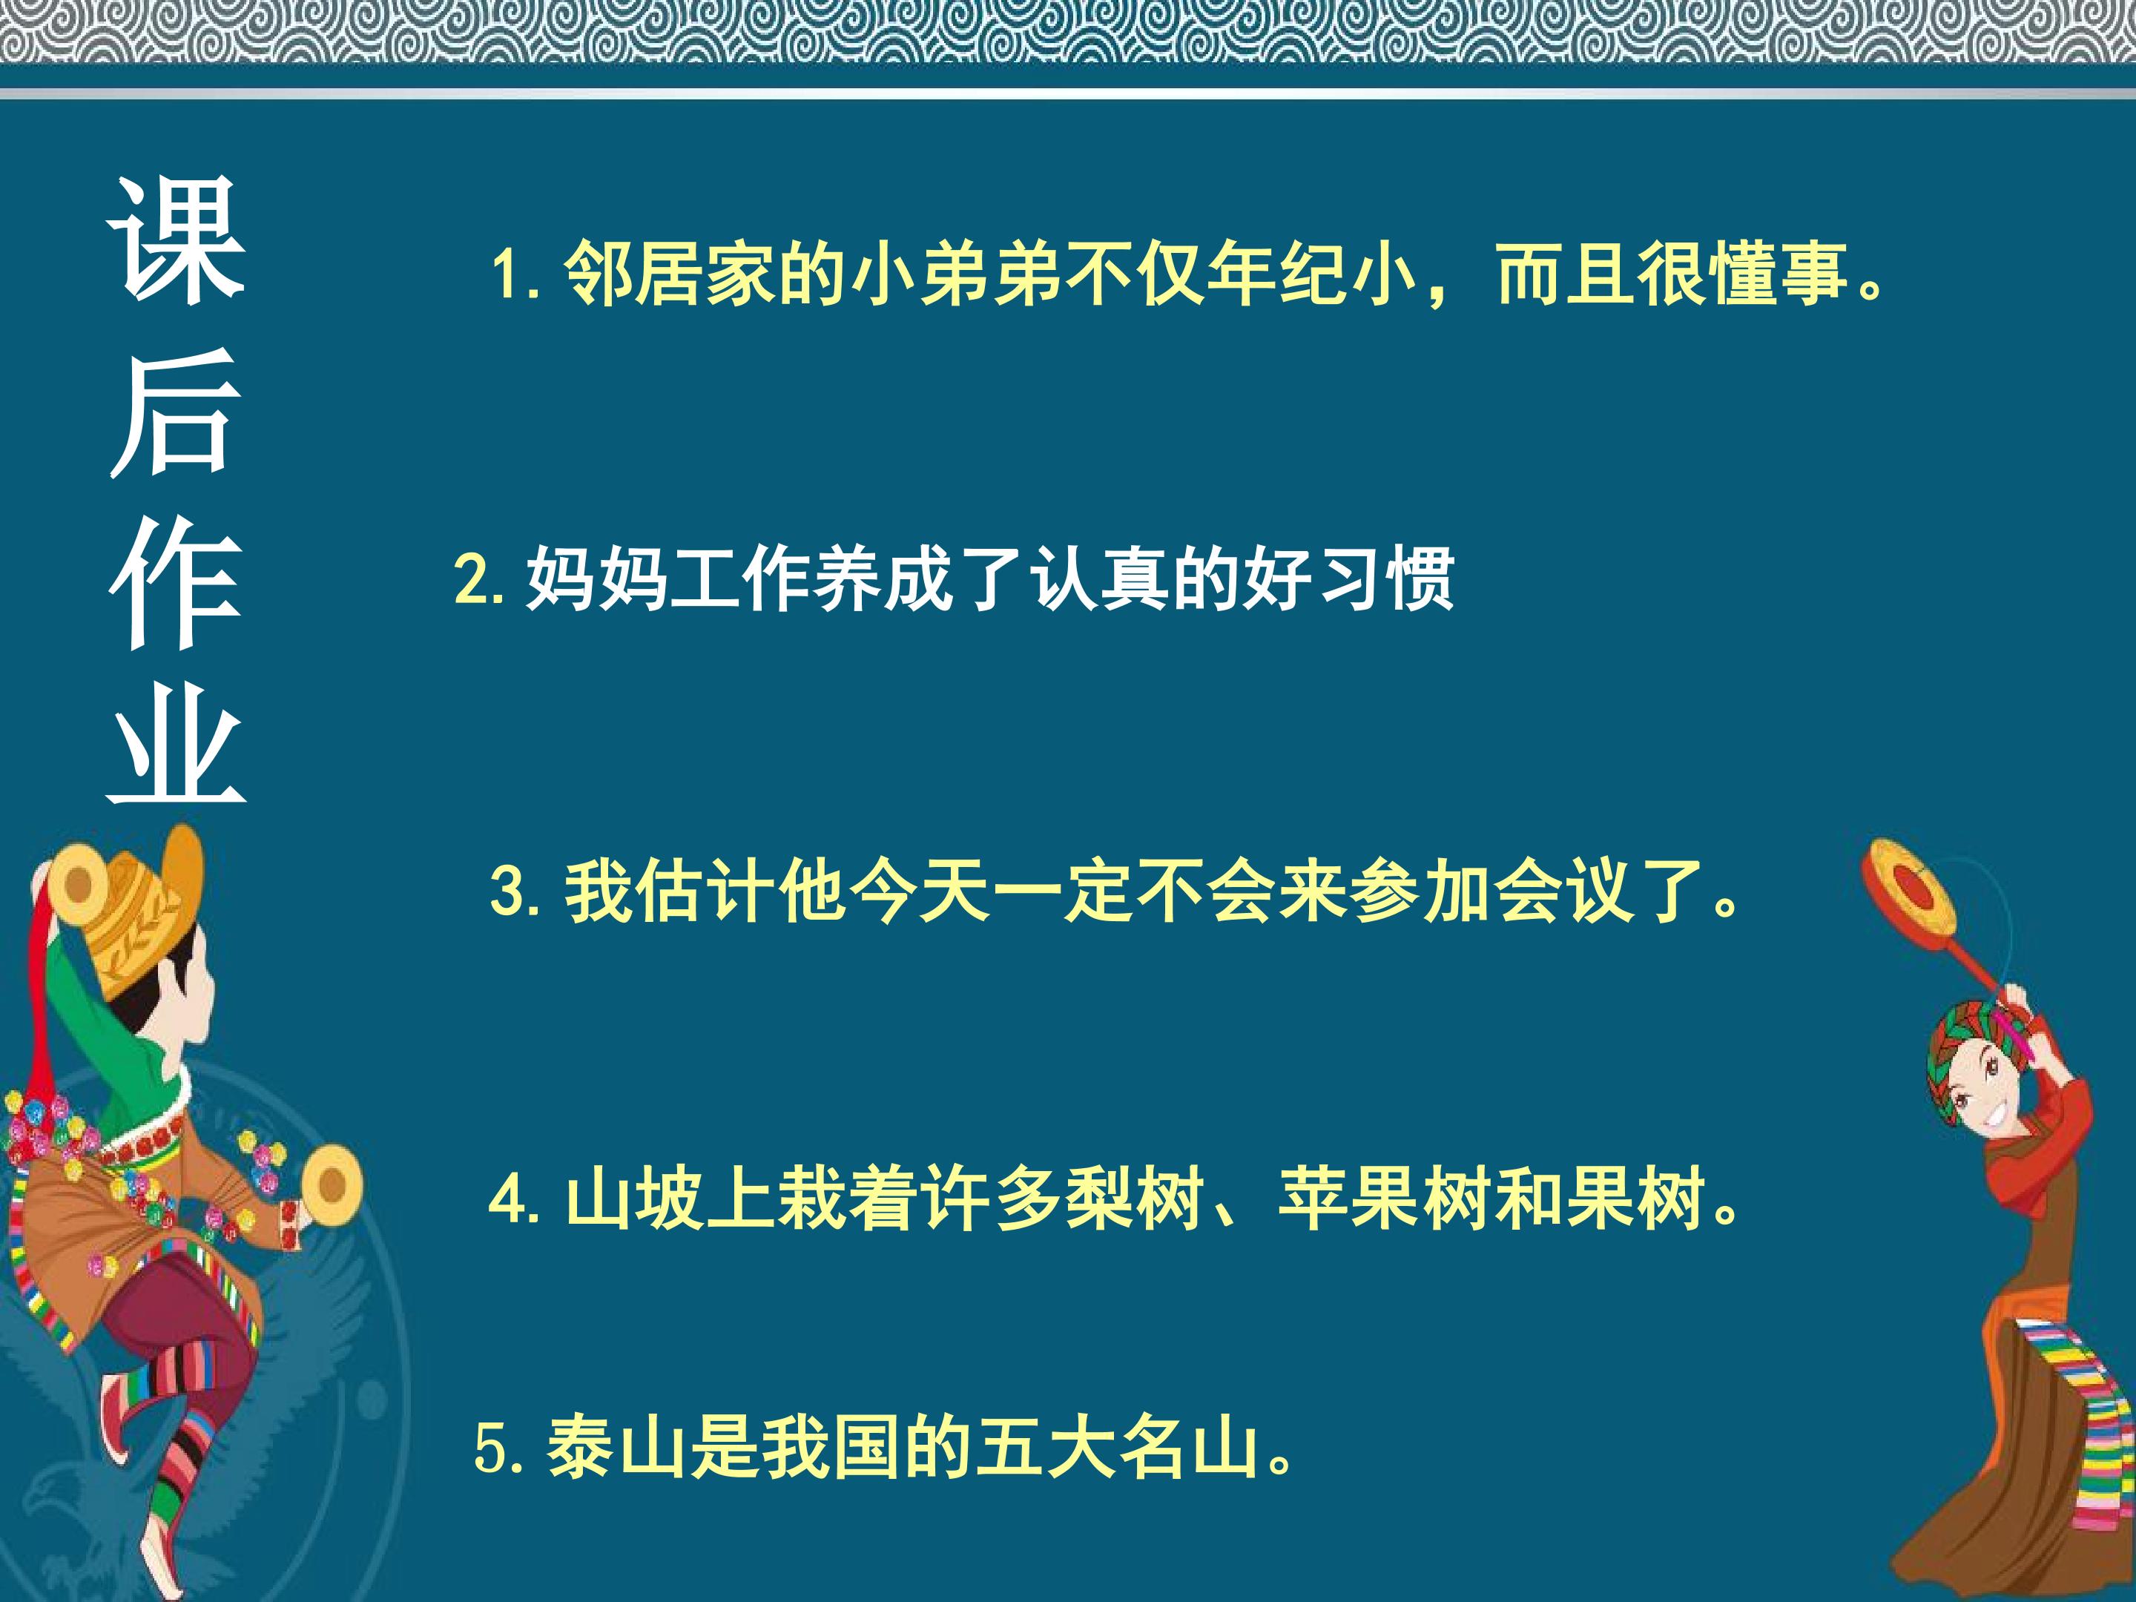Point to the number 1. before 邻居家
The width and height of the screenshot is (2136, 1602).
514,275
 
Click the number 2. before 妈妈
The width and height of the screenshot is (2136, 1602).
478,579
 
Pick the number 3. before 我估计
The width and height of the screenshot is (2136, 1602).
514,890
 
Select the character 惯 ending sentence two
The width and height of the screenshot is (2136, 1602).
1420,579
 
